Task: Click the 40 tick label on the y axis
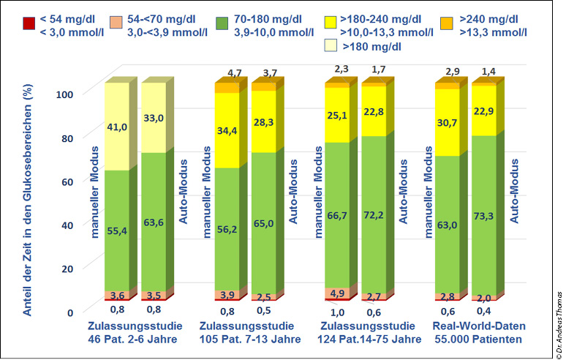[68, 225]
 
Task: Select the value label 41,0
[118, 127]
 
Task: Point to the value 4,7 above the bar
[234, 73]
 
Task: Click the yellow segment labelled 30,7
[448, 121]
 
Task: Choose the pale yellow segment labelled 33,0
[154, 117]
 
